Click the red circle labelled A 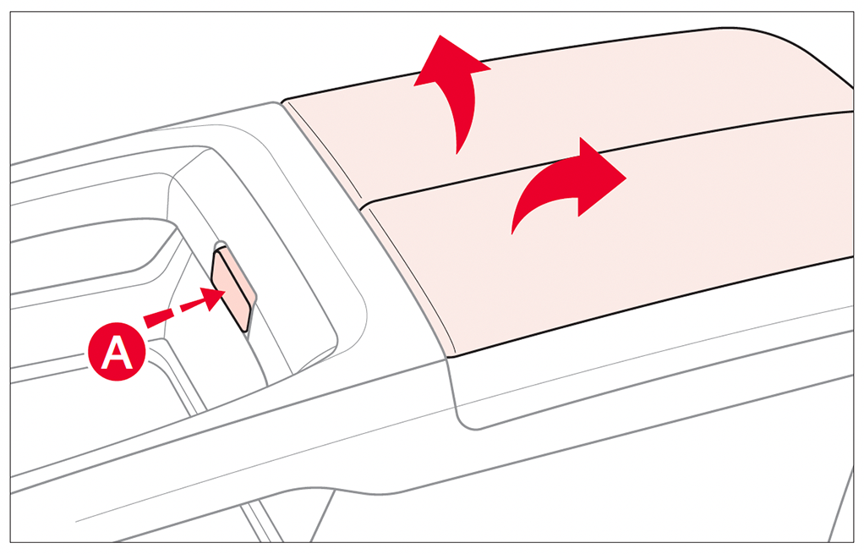(117, 352)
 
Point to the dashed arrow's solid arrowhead (214, 299)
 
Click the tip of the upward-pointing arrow (440, 36)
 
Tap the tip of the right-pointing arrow (626, 178)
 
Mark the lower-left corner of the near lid (450, 355)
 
